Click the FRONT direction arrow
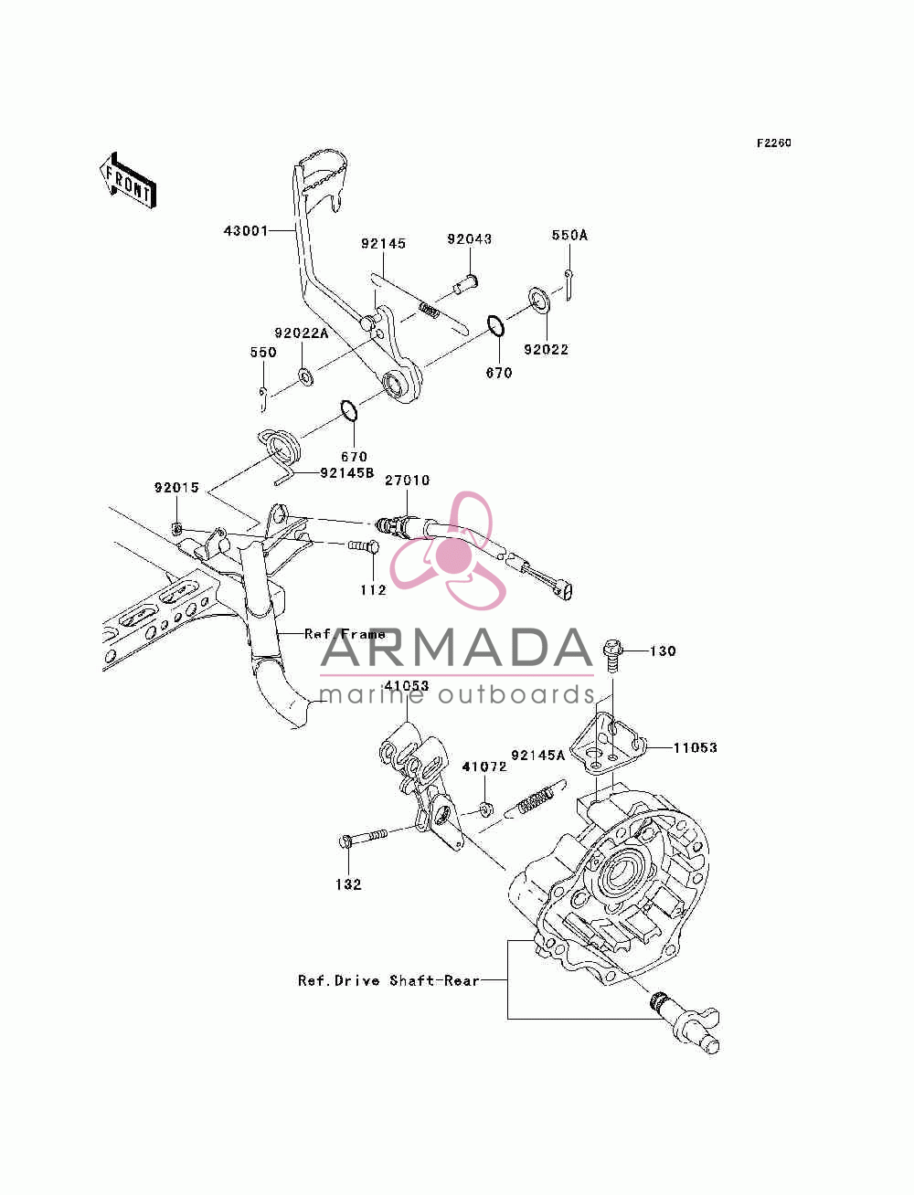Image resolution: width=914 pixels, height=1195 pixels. [x=127, y=180]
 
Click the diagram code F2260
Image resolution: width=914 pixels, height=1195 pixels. [x=773, y=143]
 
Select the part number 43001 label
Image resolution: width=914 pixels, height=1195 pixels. [x=246, y=231]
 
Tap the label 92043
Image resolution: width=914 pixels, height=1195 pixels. [x=470, y=239]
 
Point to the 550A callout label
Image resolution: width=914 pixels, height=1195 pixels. [x=569, y=235]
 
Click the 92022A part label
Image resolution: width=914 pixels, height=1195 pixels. [x=302, y=333]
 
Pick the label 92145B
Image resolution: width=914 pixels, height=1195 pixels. [x=347, y=472]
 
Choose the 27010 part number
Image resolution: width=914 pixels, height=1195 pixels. [x=408, y=481]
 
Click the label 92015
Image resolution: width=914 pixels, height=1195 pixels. [x=176, y=487]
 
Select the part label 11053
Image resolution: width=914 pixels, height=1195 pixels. [x=695, y=747]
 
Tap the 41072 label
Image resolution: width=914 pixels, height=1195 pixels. [x=484, y=767]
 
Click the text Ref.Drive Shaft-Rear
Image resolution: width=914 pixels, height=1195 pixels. [x=389, y=980]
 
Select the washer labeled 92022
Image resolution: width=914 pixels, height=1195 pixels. [x=538, y=300]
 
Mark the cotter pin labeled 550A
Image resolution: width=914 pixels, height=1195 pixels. [x=569, y=283]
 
